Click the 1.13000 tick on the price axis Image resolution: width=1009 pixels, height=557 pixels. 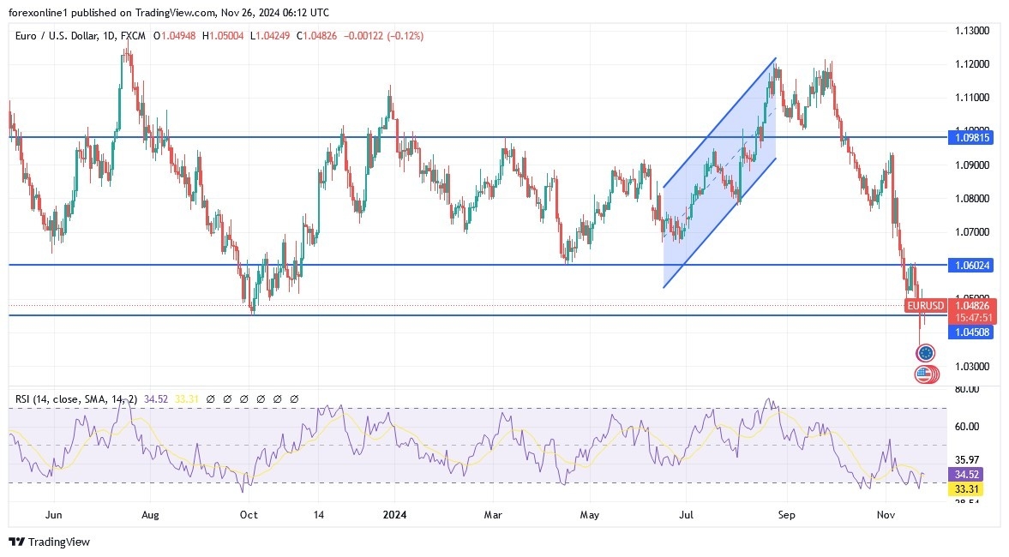(973, 31)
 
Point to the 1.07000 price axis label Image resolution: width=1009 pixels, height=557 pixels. (973, 231)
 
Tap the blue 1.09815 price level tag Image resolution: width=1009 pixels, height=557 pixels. (970, 137)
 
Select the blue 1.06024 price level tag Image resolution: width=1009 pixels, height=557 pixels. (970, 266)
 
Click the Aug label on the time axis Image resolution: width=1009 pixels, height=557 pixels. (151, 515)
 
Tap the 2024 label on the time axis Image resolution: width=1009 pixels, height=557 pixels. (395, 515)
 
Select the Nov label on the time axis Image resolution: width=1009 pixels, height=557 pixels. (886, 515)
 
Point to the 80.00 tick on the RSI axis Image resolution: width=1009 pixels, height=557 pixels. (968, 389)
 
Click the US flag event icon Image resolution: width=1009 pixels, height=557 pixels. (922, 374)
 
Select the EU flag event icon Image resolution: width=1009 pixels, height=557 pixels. (926, 353)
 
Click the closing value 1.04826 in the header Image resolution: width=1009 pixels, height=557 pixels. (323, 36)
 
